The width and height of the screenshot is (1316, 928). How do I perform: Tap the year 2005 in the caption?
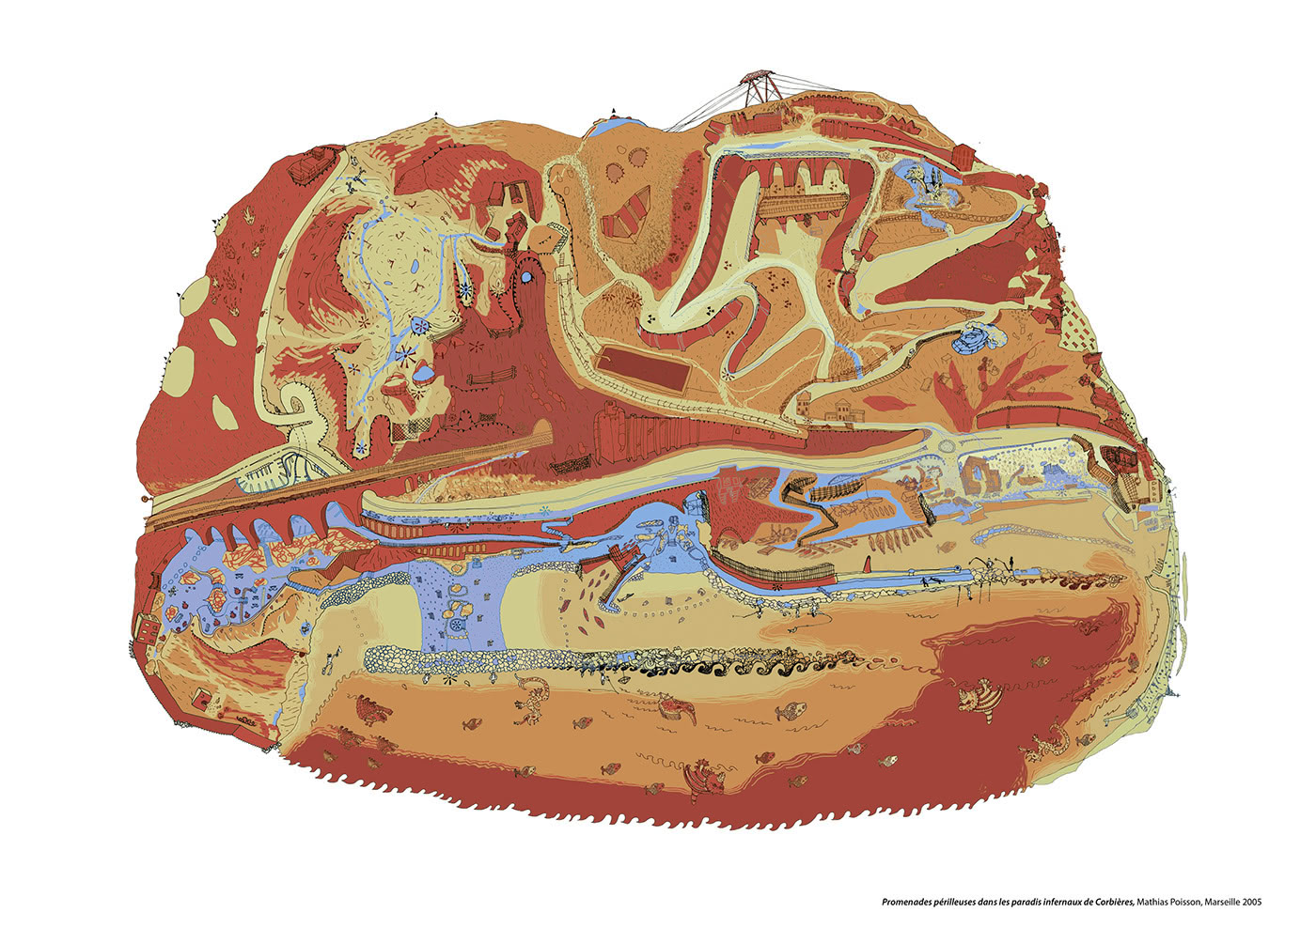[1246, 903]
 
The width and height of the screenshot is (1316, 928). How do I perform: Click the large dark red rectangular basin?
[645, 370]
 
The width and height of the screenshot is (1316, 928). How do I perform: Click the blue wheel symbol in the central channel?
[457, 625]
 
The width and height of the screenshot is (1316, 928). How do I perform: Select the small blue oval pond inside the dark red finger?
[527, 278]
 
